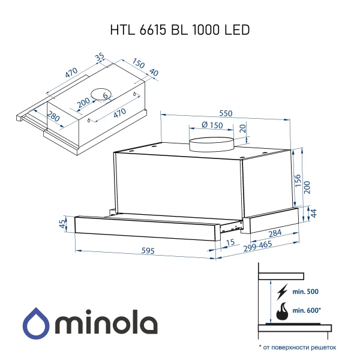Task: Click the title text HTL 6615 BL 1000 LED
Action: (x=179, y=30)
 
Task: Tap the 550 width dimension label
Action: (x=225, y=113)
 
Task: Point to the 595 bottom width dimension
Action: (x=142, y=251)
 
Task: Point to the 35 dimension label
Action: (x=100, y=58)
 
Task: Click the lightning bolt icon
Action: (x=281, y=292)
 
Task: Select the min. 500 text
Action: (x=305, y=292)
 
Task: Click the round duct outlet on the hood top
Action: (x=210, y=144)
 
